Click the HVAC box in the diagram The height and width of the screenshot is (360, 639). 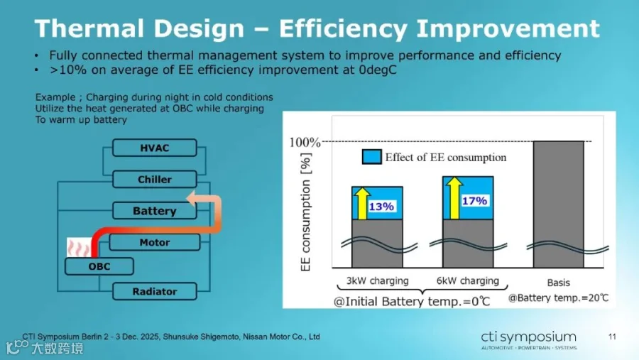click(x=155, y=148)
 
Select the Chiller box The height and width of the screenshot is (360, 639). click(x=155, y=179)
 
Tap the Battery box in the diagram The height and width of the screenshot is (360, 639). click(x=155, y=211)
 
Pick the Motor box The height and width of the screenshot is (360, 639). click(x=155, y=242)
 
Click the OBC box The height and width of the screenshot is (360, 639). click(x=99, y=266)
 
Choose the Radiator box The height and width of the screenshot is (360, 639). click(x=155, y=292)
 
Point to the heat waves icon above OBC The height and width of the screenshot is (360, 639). click(x=79, y=248)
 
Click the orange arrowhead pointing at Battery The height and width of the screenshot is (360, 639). click(x=192, y=199)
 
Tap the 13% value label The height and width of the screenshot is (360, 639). click(x=381, y=207)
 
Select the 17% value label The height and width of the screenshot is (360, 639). click(x=474, y=200)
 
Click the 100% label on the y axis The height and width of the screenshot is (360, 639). click(x=305, y=142)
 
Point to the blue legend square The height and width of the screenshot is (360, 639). click(x=371, y=157)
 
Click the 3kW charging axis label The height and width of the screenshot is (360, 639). click(x=378, y=280)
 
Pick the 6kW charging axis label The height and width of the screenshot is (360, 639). click(x=468, y=280)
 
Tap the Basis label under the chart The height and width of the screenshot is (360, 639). click(x=558, y=283)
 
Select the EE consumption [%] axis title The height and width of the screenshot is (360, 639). click(x=305, y=212)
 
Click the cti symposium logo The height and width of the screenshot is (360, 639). click(x=528, y=340)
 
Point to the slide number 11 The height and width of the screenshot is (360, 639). click(x=612, y=337)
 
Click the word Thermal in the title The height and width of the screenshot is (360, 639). click(x=89, y=28)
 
